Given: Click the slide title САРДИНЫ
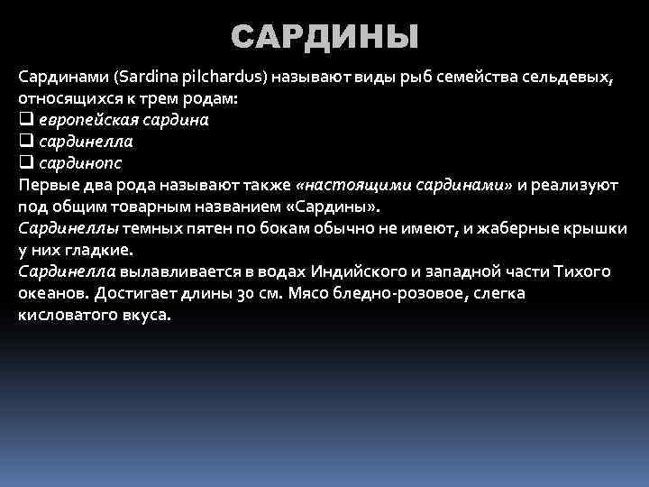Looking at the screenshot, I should (324, 37).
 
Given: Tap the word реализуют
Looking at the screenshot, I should (574, 185).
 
